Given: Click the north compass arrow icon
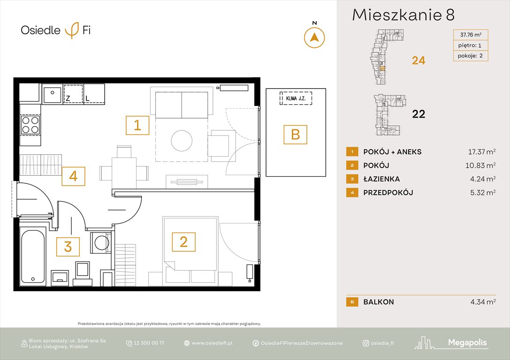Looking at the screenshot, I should point(314,37).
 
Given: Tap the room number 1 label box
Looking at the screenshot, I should point(137,125).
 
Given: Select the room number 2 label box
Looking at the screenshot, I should point(183,242).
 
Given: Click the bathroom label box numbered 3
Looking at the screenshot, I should point(68,247).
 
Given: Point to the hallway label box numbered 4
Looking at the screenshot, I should point(73,177).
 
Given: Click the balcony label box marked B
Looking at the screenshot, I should point(295,135).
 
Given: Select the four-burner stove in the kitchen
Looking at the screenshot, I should point(30,125).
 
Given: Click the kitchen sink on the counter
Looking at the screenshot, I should point(52,95).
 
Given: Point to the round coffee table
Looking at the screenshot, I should point(182,140).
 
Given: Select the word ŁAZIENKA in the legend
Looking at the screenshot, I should point(382,179).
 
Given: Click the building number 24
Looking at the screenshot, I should point(418,60).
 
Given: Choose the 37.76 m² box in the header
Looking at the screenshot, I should point(470,35).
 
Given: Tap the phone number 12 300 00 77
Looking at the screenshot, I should point(149,343).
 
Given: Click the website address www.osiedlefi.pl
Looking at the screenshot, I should point(212,343).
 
